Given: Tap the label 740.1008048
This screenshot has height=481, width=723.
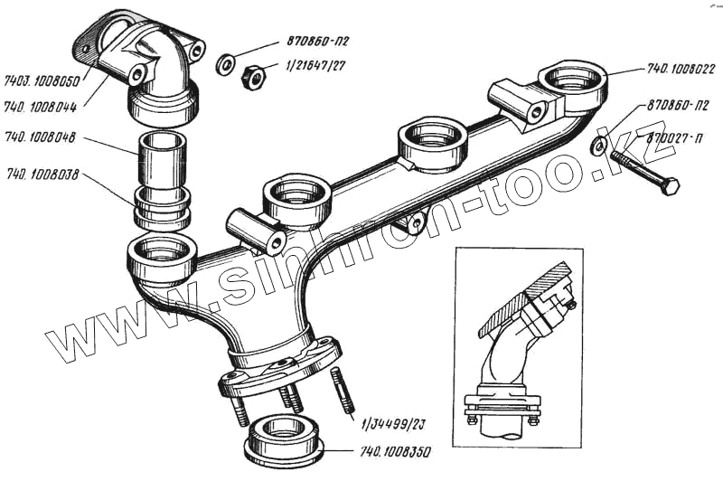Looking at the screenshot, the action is [42, 139].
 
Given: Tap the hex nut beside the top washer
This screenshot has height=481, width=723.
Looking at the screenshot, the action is [253, 78].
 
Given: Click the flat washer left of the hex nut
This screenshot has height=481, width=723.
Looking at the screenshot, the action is [226, 65].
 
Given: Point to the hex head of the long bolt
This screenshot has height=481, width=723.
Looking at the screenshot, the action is [670, 186].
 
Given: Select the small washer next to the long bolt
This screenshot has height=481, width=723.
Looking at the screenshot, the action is [598, 146].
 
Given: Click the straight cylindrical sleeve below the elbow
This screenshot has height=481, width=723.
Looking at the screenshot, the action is [163, 158].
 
